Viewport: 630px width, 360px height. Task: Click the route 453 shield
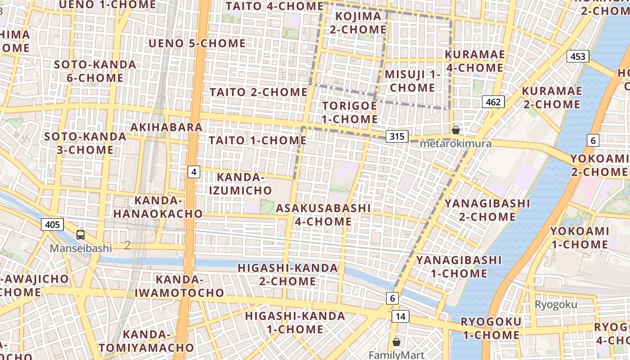coord(578,56)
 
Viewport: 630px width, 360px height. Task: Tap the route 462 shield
coord(493,102)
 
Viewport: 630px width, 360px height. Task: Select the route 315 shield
coord(397,136)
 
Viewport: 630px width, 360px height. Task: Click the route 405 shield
coord(52,224)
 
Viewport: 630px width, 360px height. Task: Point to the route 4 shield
coord(193,171)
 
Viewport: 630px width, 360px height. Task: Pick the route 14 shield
coord(400,316)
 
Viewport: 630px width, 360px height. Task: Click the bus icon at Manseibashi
coord(81,234)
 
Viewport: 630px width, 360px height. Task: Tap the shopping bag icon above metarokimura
coord(456,130)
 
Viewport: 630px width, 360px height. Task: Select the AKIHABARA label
coord(166,127)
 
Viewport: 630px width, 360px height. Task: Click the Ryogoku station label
coord(556,305)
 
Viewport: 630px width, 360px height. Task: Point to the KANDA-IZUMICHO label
coord(241,184)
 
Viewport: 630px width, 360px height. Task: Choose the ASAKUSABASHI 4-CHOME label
coord(323,215)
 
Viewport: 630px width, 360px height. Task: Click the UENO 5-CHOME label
coord(197,43)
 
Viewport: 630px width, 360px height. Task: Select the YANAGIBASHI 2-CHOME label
coord(487,210)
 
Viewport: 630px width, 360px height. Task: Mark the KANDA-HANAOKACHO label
coord(155,207)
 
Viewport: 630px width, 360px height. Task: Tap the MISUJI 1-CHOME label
coord(412,81)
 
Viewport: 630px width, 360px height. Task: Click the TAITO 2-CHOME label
coord(259,92)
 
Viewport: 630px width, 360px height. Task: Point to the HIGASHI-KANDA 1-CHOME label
coord(295,322)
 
